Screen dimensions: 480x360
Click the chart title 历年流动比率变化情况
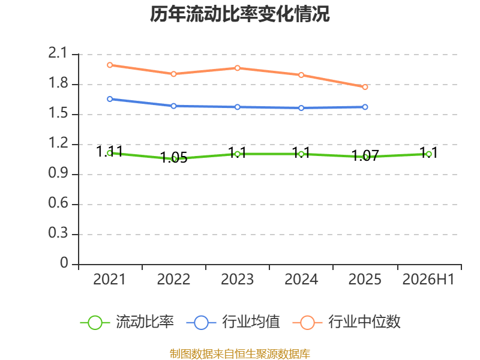point(239,14)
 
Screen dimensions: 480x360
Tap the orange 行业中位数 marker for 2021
point(110,65)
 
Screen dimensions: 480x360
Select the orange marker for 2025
point(365,87)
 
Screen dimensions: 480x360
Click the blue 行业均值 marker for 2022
point(173,106)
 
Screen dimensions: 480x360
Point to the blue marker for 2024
point(301,108)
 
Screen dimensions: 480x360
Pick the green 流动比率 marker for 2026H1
point(429,154)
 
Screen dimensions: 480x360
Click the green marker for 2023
point(237,154)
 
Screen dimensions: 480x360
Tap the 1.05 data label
point(174,158)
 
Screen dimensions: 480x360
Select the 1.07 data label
point(365,155)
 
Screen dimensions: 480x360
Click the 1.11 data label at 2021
point(110,151)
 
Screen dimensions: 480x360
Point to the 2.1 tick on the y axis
point(58,53)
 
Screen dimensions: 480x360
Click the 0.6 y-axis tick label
point(58,203)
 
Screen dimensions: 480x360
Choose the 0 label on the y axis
point(64,263)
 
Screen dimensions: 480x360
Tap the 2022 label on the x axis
point(173,280)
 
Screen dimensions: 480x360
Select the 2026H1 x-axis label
point(428,280)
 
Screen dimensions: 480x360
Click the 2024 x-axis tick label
point(301,280)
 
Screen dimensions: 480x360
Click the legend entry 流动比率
point(127,322)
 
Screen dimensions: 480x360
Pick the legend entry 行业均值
point(233,322)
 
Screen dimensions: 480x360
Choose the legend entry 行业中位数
point(347,322)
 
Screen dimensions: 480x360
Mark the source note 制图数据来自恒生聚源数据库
point(239,354)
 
